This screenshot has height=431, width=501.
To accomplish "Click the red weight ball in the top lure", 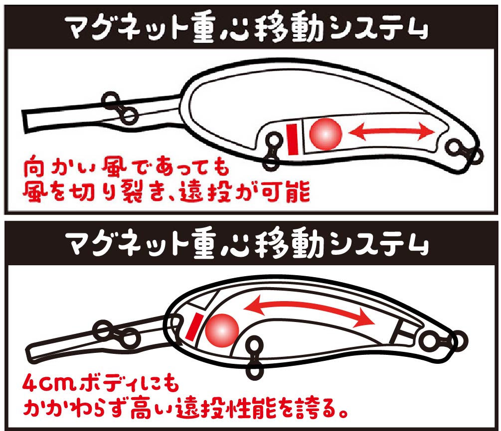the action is (326, 134).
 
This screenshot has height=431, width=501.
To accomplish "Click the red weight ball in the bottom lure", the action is (222, 330).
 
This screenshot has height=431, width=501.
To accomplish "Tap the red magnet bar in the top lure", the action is (292, 139).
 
